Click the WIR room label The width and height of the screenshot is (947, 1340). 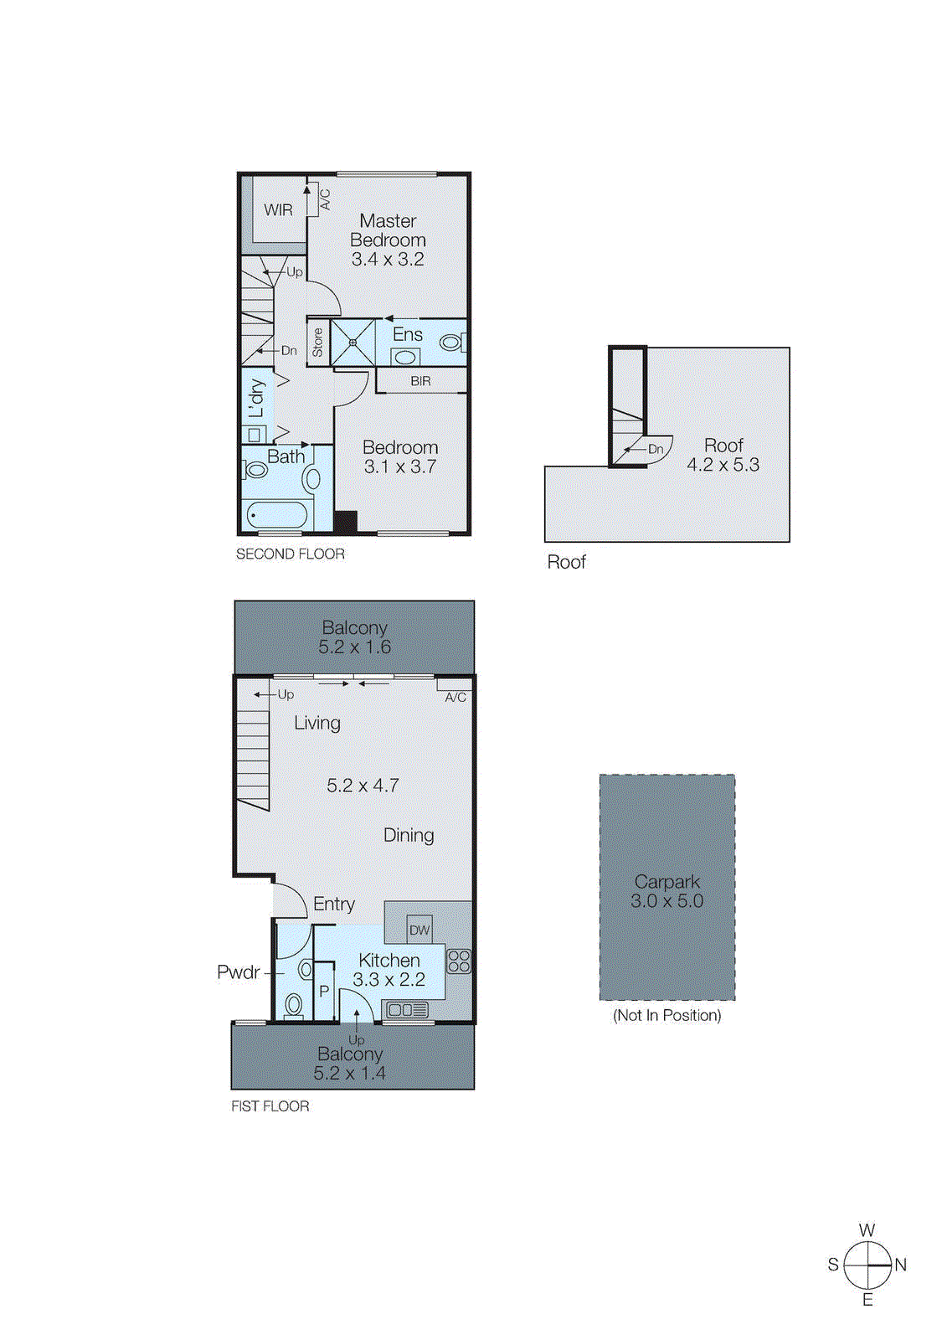278,210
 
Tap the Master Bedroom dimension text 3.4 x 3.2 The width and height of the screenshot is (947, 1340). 388,260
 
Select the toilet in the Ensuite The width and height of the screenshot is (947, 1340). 450,343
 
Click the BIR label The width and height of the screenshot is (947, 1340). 420,381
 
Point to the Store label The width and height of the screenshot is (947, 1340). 318,342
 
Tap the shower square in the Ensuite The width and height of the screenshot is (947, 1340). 353,342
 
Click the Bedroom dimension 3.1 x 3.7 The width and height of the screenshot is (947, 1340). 399,467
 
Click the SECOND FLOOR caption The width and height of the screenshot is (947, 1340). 290,554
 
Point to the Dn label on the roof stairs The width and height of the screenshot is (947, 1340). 655,449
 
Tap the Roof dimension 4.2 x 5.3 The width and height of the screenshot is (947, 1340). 723,465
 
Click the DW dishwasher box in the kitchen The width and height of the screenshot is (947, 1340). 419,930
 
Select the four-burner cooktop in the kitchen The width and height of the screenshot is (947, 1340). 459,961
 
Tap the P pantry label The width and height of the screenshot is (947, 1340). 324,992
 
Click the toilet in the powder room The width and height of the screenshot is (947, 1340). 294,1003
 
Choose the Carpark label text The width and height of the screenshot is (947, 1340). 667,882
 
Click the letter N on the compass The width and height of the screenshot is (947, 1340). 900,1265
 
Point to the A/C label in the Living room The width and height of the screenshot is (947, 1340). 455,697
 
